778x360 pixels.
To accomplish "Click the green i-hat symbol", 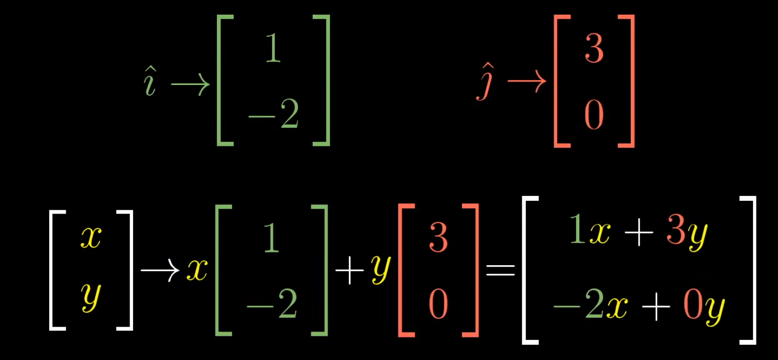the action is click(149, 82).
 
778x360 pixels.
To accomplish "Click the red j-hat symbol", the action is click(485, 82).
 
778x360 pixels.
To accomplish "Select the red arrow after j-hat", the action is click(526, 81).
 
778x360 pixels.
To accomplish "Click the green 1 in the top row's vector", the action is click(273, 49).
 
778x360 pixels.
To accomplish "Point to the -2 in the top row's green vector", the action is click(274, 115).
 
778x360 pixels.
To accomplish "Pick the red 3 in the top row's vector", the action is click(594, 49).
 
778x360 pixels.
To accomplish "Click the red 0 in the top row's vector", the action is click(594, 115).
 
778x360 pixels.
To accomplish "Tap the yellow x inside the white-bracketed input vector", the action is click(91, 238).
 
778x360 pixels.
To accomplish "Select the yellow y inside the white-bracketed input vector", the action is click(91, 297).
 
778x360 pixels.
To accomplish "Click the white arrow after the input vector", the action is click(160, 270).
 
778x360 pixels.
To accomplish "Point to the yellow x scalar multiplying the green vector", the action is click(197, 270).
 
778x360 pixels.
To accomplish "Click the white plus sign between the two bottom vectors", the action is click(349, 270).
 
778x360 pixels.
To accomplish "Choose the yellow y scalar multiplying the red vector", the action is click(381, 269).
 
